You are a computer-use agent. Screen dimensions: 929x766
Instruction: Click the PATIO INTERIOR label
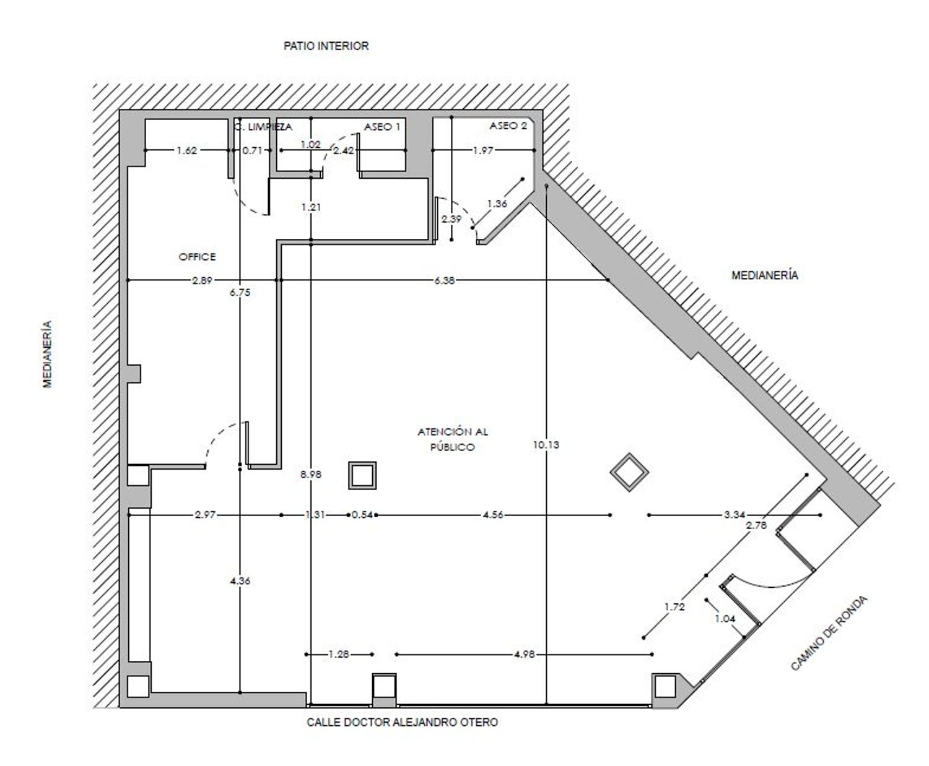[326, 46]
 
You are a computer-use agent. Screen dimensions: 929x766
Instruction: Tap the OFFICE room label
[197, 257]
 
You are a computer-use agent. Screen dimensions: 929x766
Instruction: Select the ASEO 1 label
[382, 127]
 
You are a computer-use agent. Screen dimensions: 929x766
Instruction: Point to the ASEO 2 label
[508, 126]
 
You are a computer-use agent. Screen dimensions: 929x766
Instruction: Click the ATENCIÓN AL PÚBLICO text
[453, 439]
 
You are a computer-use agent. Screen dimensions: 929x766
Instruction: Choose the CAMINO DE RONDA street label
[829, 633]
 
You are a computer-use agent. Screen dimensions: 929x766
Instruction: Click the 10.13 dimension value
[546, 445]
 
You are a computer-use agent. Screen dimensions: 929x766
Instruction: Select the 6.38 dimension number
[444, 280]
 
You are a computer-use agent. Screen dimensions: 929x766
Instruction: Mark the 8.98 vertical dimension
[310, 475]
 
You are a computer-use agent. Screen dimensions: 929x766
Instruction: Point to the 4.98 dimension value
[524, 654]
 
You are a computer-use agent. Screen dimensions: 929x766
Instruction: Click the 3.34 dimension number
[734, 515]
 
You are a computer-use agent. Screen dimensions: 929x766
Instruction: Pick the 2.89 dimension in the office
[202, 280]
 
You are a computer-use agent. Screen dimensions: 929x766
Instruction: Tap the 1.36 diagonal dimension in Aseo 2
[497, 204]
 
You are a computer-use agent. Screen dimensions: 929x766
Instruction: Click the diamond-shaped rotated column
[629, 472]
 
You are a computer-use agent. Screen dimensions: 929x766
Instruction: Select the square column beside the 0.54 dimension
[362, 475]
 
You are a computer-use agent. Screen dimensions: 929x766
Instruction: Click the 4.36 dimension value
[240, 580]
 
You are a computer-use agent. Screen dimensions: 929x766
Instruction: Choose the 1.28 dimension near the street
[339, 654]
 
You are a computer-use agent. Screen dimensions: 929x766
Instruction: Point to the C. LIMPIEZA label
[263, 127]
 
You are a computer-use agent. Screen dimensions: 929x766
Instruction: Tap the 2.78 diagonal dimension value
[756, 525]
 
